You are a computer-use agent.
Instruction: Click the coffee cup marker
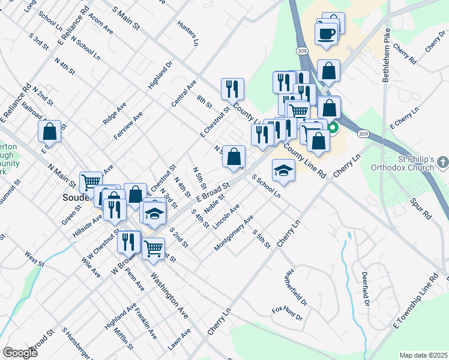tap(327, 34)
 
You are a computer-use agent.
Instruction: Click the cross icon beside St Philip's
tap(442, 162)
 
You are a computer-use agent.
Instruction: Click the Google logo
tap(20, 353)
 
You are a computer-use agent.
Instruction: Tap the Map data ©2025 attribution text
tap(423, 355)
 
